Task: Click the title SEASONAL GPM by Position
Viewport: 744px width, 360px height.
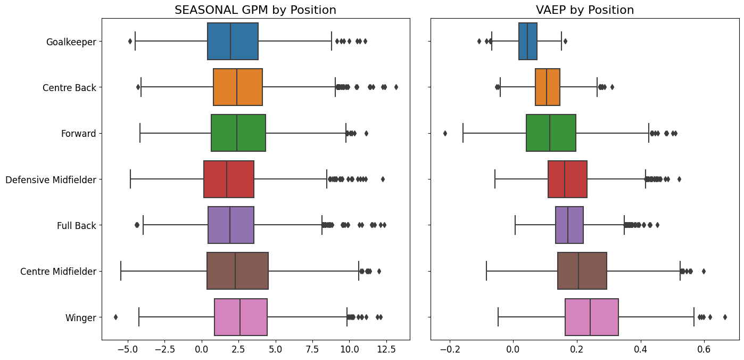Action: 255,10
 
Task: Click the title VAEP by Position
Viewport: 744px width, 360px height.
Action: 584,10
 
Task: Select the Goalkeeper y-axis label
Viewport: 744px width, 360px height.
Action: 71,42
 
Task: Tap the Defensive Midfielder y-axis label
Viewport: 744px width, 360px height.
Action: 51,179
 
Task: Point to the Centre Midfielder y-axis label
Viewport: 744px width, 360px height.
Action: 58,272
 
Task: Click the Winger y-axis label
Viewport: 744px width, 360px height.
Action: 80,318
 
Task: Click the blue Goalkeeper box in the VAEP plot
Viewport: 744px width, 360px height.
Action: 528,42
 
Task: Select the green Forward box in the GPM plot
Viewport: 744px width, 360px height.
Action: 238,133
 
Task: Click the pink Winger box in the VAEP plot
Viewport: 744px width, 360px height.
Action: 591,317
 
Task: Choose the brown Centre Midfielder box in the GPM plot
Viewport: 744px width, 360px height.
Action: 237,271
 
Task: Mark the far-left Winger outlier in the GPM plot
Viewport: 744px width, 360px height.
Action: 115,317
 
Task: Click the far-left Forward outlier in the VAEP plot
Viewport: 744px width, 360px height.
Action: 445,133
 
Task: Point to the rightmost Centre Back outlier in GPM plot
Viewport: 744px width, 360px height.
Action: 395,87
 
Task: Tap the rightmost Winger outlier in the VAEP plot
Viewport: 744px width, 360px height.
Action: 725,317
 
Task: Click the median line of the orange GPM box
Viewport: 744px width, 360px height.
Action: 237,87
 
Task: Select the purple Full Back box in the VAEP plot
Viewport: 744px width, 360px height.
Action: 569,225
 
